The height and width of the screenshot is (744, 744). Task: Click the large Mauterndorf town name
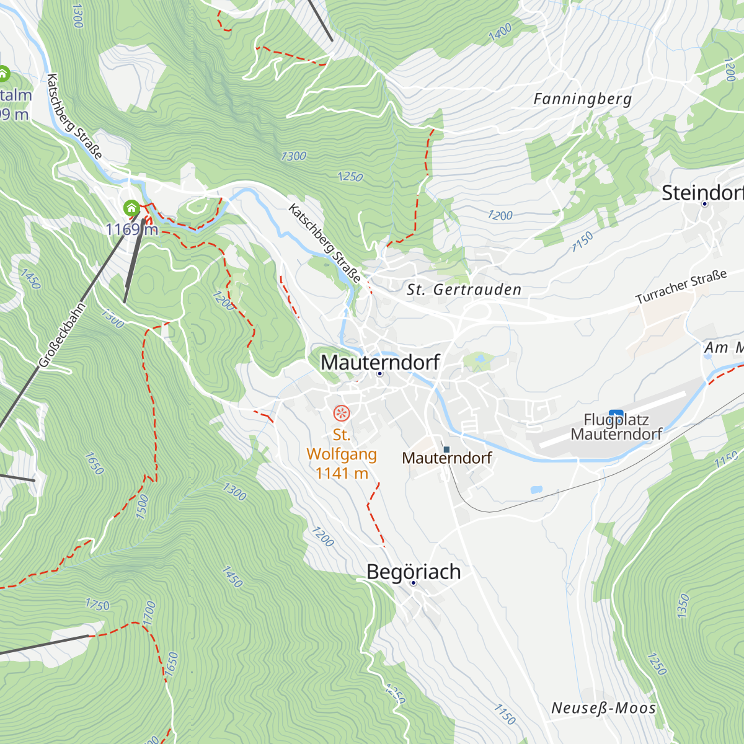380,362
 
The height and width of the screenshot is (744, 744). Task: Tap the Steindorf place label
702,193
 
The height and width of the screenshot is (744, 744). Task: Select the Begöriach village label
414,572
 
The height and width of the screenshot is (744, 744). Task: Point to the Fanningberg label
582,99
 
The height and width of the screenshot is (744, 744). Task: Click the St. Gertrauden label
464,290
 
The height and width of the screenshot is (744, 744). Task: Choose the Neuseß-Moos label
603,708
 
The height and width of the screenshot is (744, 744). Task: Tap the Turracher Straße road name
681,287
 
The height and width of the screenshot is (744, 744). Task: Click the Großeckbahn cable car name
61,335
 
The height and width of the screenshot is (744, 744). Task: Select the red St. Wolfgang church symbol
341,413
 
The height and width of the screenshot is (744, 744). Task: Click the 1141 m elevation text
342,474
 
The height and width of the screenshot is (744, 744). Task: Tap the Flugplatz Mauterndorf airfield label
616,427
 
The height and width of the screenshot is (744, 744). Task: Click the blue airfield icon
616,415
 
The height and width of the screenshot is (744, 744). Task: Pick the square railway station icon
446,449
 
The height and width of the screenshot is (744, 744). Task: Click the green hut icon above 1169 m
131,208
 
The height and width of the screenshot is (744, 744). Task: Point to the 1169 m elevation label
131,229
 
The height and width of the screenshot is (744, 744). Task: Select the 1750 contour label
97,604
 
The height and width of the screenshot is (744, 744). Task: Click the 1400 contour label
500,32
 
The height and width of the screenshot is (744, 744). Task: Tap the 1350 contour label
683,606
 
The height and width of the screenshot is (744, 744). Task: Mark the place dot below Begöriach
414,583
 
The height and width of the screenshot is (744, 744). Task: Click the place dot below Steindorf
704,204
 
